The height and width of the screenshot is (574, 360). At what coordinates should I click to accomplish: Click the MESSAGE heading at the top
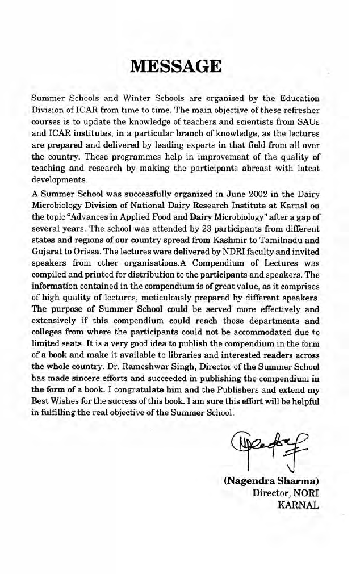coord(175,66)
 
